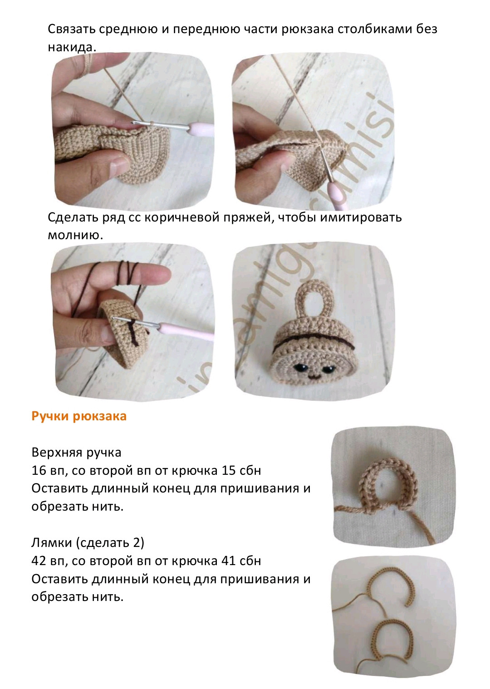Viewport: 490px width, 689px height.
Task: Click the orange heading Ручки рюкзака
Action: (79, 417)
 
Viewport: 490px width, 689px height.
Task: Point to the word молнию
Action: (75, 235)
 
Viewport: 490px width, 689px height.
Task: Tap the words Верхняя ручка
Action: (77, 453)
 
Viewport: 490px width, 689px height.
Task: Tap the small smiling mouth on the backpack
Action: (313, 375)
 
